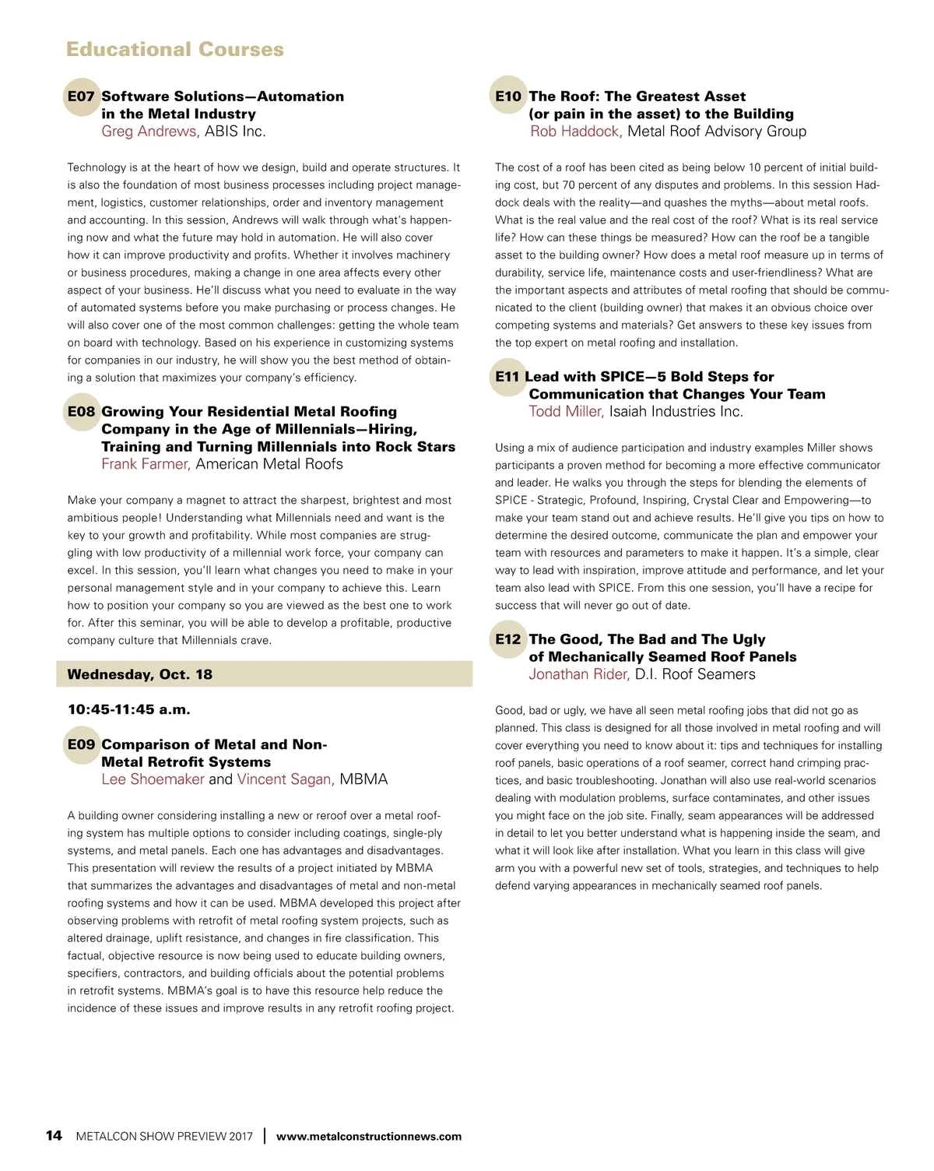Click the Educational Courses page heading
[x=175, y=49]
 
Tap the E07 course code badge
[x=81, y=97]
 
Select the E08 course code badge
[x=81, y=412]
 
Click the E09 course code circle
[x=81, y=744]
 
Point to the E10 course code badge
[x=508, y=97]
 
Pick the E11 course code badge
[x=507, y=377]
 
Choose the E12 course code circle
[x=508, y=639]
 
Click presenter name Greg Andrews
[x=149, y=132]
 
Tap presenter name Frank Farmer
[x=146, y=464]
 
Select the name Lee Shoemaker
[x=153, y=779]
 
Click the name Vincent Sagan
[x=286, y=779]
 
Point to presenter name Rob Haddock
[x=575, y=132]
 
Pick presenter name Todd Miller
[x=566, y=412]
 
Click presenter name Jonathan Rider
[x=579, y=674]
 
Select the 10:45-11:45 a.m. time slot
[x=129, y=709]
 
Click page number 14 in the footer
[x=54, y=1136]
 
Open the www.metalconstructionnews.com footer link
[x=369, y=1137]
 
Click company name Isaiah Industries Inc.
[x=676, y=412]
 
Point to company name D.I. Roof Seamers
[x=695, y=674]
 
